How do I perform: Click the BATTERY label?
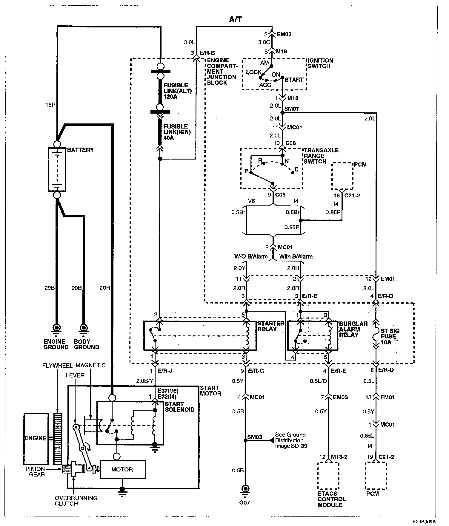tap(80, 150)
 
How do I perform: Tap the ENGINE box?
tap(36, 438)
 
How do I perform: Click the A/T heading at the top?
tap(235, 20)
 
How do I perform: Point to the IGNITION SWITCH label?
tap(320, 63)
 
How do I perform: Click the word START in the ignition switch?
tap(294, 80)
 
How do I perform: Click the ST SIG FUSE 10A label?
tap(390, 336)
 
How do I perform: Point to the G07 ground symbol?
tap(245, 490)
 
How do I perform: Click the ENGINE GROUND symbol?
tap(56, 328)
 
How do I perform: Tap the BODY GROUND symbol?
tap(84, 328)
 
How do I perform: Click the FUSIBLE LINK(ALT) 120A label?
tap(176, 91)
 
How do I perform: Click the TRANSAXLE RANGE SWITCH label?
tap(321, 156)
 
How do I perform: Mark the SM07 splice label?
tap(292, 109)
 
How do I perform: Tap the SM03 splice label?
tap(255, 437)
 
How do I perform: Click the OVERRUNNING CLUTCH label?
tap(76, 501)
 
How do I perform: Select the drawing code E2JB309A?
tap(425, 522)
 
